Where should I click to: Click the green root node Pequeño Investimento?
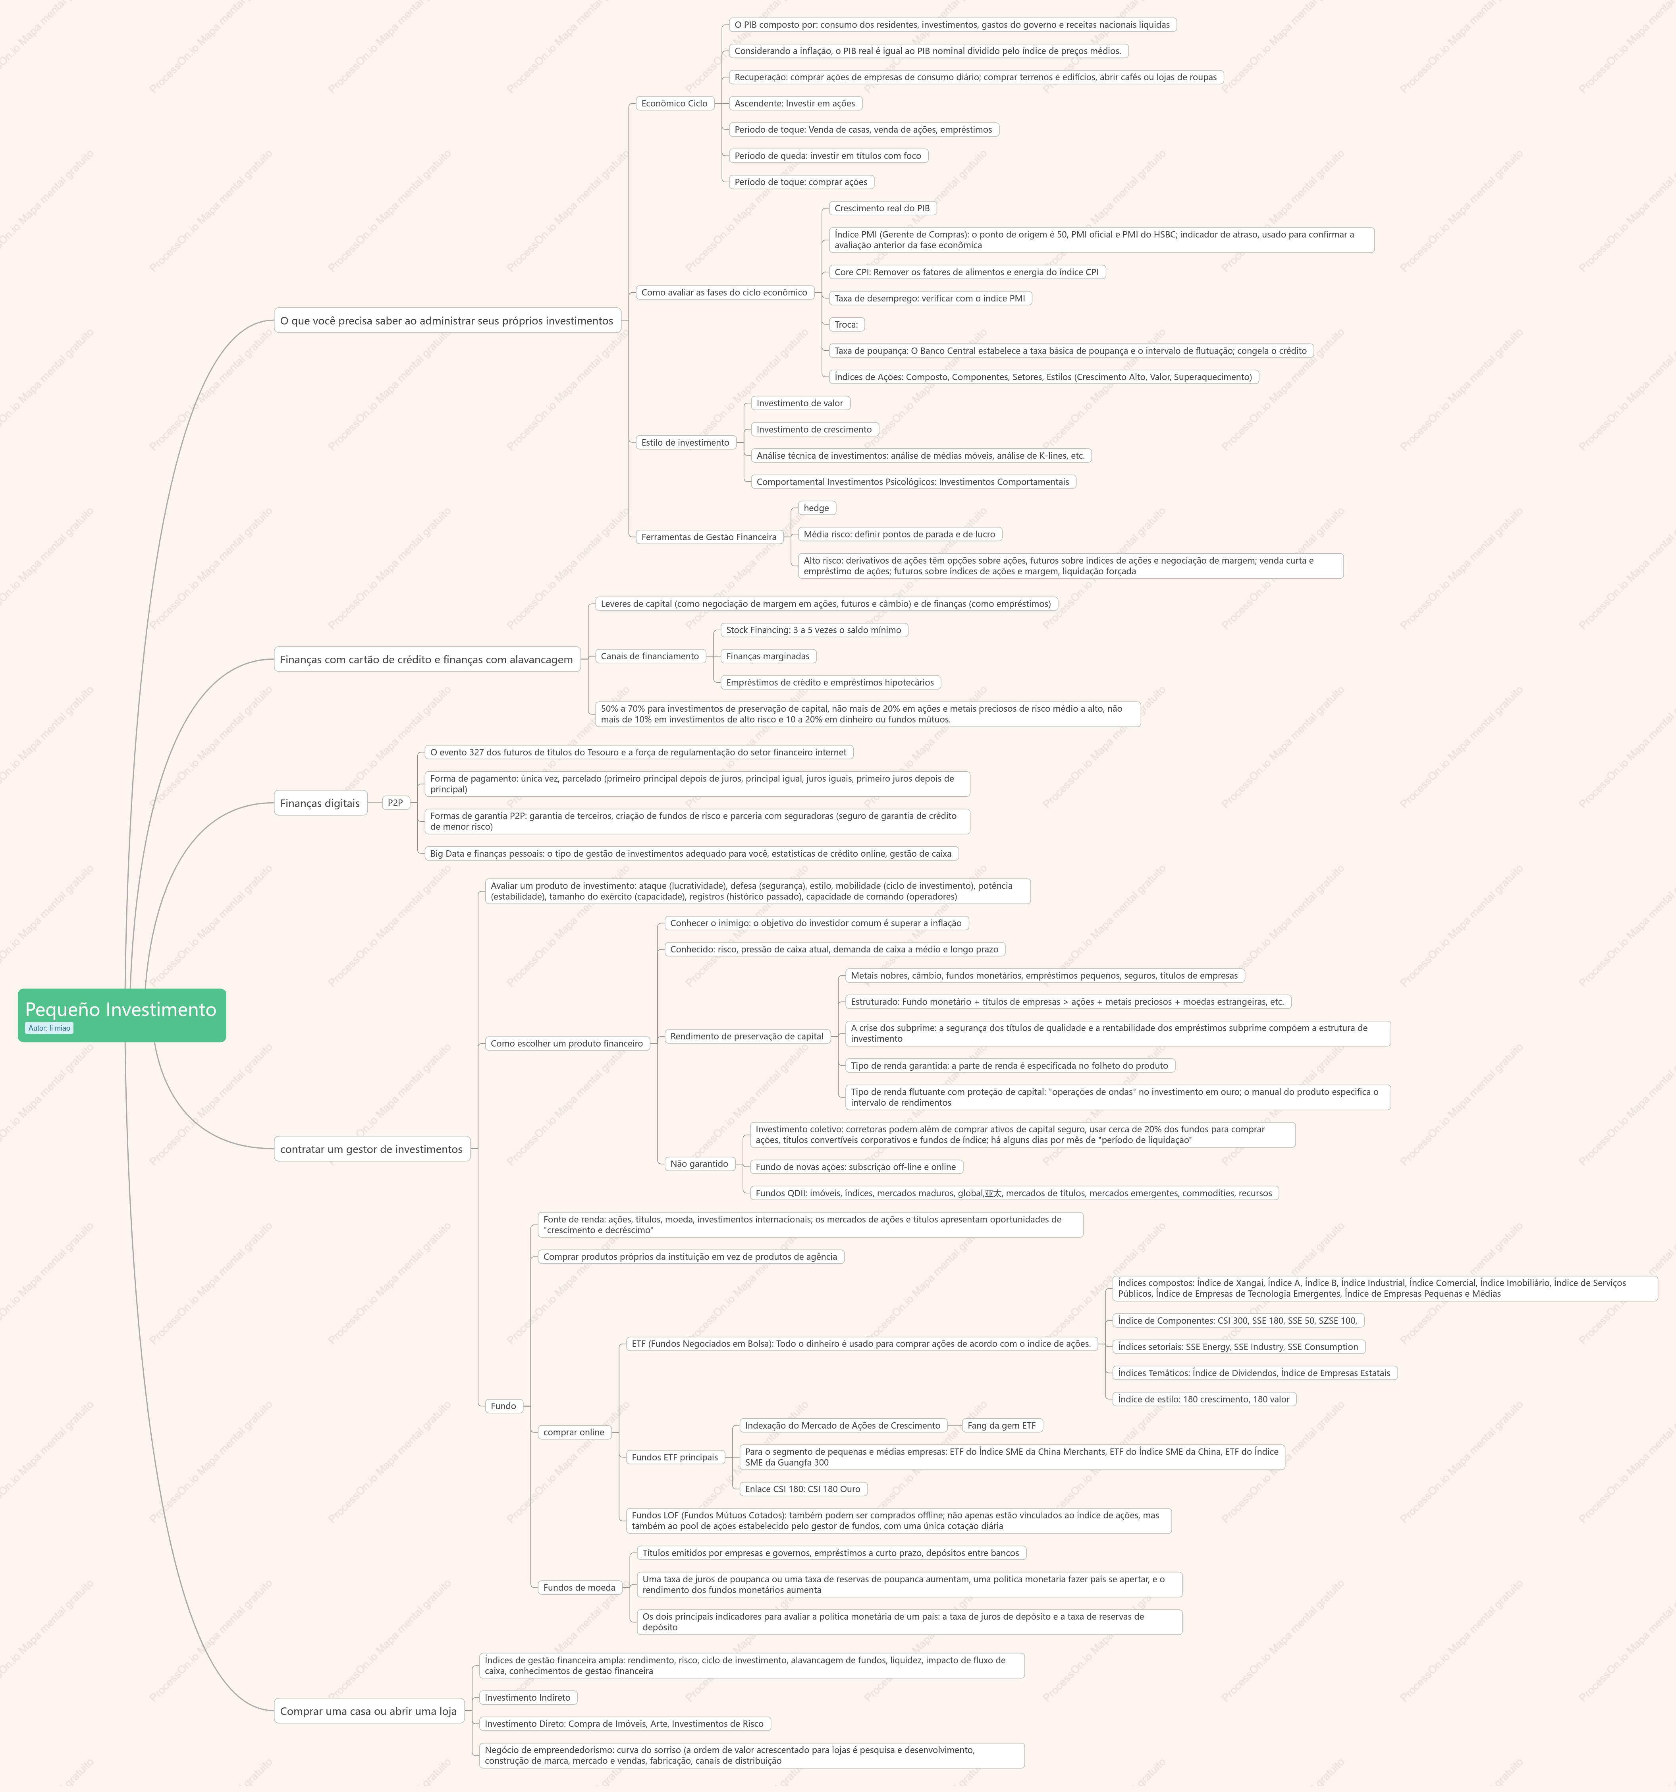coord(122,1015)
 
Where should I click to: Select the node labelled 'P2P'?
coord(395,802)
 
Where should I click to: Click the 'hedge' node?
coord(816,508)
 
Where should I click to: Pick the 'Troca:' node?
coord(846,324)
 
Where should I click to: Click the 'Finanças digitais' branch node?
coord(320,803)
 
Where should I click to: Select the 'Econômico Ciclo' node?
coord(675,104)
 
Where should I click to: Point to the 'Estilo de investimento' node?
coord(686,442)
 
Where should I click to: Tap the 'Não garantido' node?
coord(699,1164)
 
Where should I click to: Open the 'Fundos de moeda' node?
coord(579,1587)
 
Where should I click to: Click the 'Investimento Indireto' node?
coord(528,1697)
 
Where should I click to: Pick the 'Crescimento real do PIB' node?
coord(882,208)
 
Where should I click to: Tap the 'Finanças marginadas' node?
coord(769,656)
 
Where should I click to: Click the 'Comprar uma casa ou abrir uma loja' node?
coord(368,1711)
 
